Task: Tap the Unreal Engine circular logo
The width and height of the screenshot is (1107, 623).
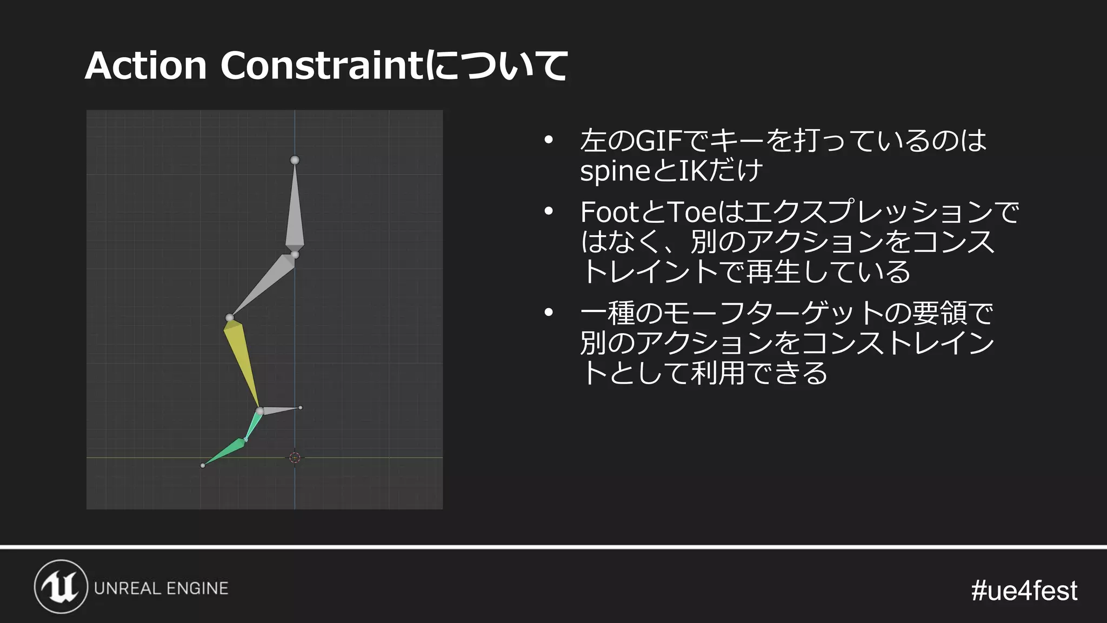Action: pyautogui.click(x=61, y=587)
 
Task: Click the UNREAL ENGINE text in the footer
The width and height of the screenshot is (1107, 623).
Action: pyautogui.click(x=161, y=588)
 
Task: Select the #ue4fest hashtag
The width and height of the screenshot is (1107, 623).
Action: pyautogui.click(x=1024, y=591)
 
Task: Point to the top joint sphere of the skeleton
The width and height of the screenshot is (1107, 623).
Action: pyautogui.click(x=295, y=160)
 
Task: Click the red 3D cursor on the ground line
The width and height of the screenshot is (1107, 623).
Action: pyautogui.click(x=295, y=458)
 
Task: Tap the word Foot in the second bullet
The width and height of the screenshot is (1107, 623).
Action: pyautogui.click(x=609, y=212)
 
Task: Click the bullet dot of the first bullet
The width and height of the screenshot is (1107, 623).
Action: pyautogui.click(x=549, y=141)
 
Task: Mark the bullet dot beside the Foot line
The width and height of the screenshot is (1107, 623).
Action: pyautogui.click(x=549, y=212)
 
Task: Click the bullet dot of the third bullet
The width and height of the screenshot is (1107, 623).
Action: pyautogui.click(x=549, y=313)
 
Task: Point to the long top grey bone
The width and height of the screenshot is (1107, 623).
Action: pyautogui.click(x=295, y=208)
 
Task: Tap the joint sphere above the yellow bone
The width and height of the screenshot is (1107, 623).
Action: pyautogui.click(x=230, y=318)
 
